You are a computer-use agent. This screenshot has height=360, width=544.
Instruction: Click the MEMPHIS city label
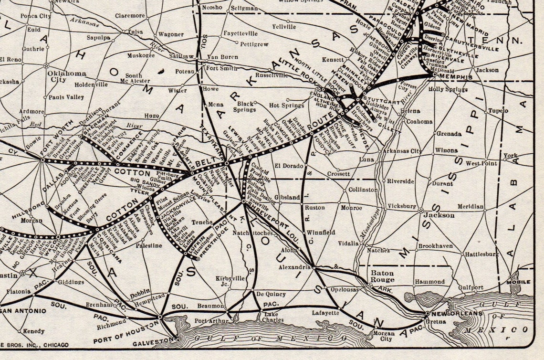coord(456,77)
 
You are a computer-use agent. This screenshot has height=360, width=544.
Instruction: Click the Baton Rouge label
coord(383,276)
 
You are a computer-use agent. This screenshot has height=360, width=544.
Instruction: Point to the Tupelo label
coord(498,111)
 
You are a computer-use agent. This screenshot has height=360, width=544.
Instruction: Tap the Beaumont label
coord(210,306)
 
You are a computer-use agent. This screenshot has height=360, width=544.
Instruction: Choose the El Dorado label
coord(289,166)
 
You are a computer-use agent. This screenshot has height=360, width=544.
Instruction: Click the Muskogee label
coord(141,55)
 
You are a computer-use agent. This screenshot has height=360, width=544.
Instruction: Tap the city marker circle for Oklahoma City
coord(46,65)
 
